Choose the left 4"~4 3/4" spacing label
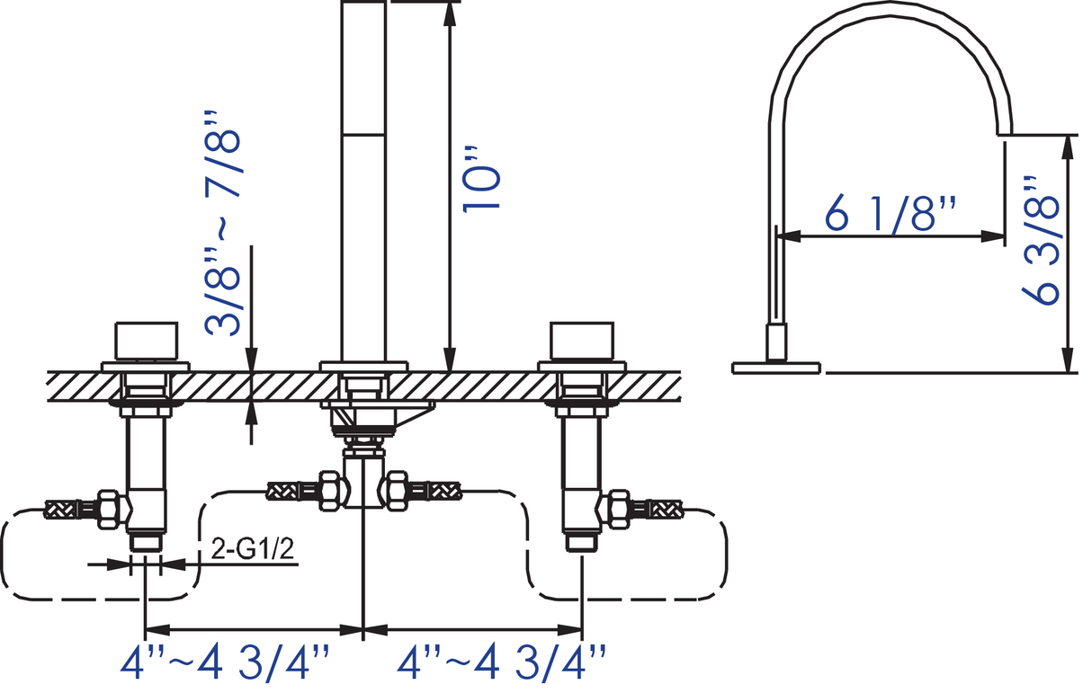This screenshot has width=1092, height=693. pos(229,664)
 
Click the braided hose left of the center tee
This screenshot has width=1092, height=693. pos(292,491)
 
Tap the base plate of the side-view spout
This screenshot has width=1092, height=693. pos(776,366)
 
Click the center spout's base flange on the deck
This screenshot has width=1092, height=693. pos(363,365)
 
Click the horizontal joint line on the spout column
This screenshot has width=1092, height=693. pos(364,135)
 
